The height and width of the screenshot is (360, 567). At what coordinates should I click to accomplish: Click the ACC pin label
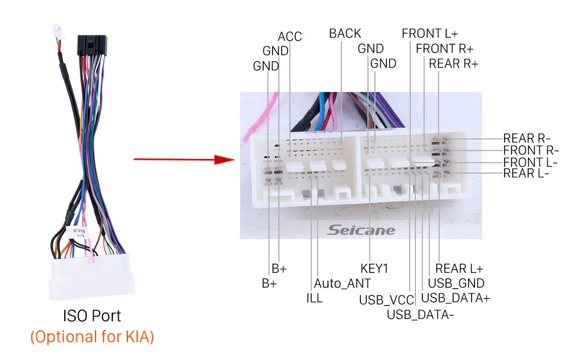click(290, 36)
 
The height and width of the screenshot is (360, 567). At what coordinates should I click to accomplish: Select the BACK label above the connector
click(345, 34)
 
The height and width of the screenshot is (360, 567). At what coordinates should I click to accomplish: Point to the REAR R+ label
click(454, 64)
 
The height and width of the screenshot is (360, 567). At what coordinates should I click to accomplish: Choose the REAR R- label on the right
click(526, 138)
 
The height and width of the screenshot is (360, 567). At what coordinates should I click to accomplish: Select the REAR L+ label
click(459, 269)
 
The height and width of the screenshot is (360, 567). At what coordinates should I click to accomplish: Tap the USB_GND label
click(456, 284)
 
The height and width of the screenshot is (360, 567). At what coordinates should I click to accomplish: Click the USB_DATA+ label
click(455, 299)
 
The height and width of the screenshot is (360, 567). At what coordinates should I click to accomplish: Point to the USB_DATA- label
click(420, 315)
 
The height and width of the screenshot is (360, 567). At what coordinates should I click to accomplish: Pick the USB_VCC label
click(386, 300)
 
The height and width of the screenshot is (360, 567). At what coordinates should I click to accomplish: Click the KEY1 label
click(374, 269)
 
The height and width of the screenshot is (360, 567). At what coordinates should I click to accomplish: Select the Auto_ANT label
click(342, 284)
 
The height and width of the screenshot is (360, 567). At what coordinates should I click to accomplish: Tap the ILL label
click(314, 299)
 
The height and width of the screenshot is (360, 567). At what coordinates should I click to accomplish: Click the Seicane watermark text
click(361, 230)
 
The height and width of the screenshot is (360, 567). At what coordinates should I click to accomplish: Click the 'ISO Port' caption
click(92, 316)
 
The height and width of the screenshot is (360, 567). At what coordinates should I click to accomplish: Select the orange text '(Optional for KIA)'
click(92, 337)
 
